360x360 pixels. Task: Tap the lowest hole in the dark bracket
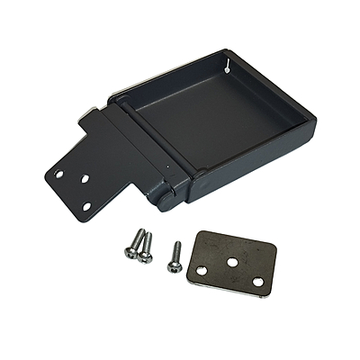[87, 206]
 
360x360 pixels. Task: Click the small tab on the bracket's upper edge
[89, 112]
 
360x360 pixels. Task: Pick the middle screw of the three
[145, 247]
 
